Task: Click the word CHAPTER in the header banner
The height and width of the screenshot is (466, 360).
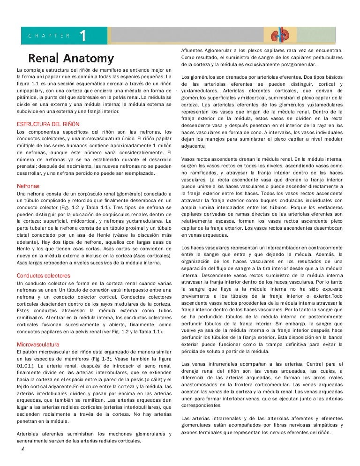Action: (49, 35)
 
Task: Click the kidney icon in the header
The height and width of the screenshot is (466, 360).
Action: (280, 35)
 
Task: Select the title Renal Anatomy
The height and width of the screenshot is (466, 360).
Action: (71, 59)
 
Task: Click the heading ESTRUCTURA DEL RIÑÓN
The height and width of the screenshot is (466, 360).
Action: (48, 124)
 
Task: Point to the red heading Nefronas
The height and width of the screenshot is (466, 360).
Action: (28, 186)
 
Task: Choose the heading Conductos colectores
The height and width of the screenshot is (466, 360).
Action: (43, 276)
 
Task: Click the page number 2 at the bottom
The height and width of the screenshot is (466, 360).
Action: (22, 448)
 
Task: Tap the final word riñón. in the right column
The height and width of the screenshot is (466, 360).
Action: (322, 432)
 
